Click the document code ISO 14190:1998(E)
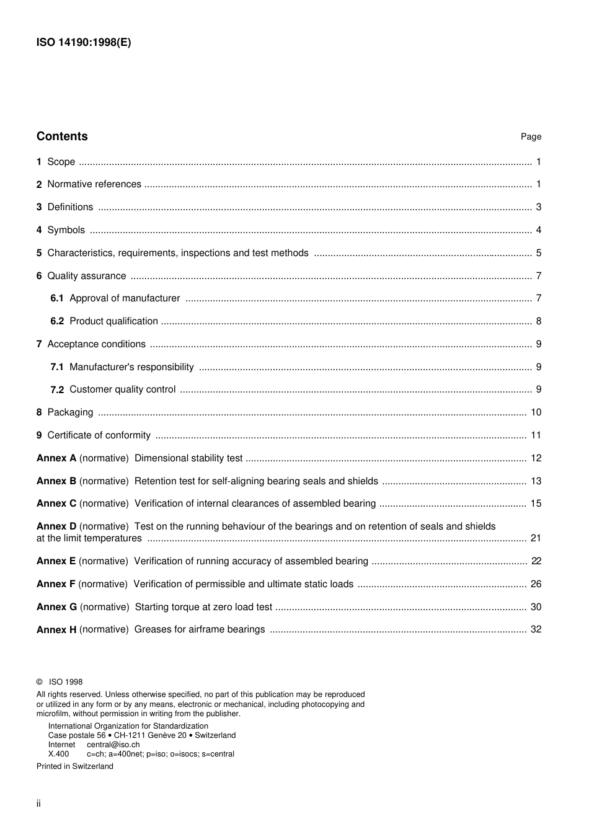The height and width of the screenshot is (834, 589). click(84, 43)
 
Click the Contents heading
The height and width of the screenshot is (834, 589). click(62, 136)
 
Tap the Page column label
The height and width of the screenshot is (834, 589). click(531, 137)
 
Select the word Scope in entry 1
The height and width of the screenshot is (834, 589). click(61, 162)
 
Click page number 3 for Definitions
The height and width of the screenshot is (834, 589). click(539, 207)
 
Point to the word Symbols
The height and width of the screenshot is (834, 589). click(66, 230)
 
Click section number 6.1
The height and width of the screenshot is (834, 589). click(57, 298)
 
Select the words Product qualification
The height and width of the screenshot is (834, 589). click(113, 321)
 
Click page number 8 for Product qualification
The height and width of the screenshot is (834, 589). click(539, 321)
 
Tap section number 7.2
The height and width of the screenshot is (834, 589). click(57, 390)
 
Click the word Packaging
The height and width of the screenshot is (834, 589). click(70, 412)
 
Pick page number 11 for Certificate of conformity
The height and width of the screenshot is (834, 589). click(536, 435)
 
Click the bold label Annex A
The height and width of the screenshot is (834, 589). click(56, 458)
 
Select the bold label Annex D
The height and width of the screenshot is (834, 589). click(56, 526)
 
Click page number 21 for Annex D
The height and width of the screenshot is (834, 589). click(536, 538)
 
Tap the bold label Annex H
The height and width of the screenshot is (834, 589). click(56, 630)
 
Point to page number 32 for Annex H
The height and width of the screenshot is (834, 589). click(536, 629)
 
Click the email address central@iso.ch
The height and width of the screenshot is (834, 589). click(113, 745)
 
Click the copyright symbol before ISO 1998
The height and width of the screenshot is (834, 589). click(40, 682)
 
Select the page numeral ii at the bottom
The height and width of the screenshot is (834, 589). click(38, 804)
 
